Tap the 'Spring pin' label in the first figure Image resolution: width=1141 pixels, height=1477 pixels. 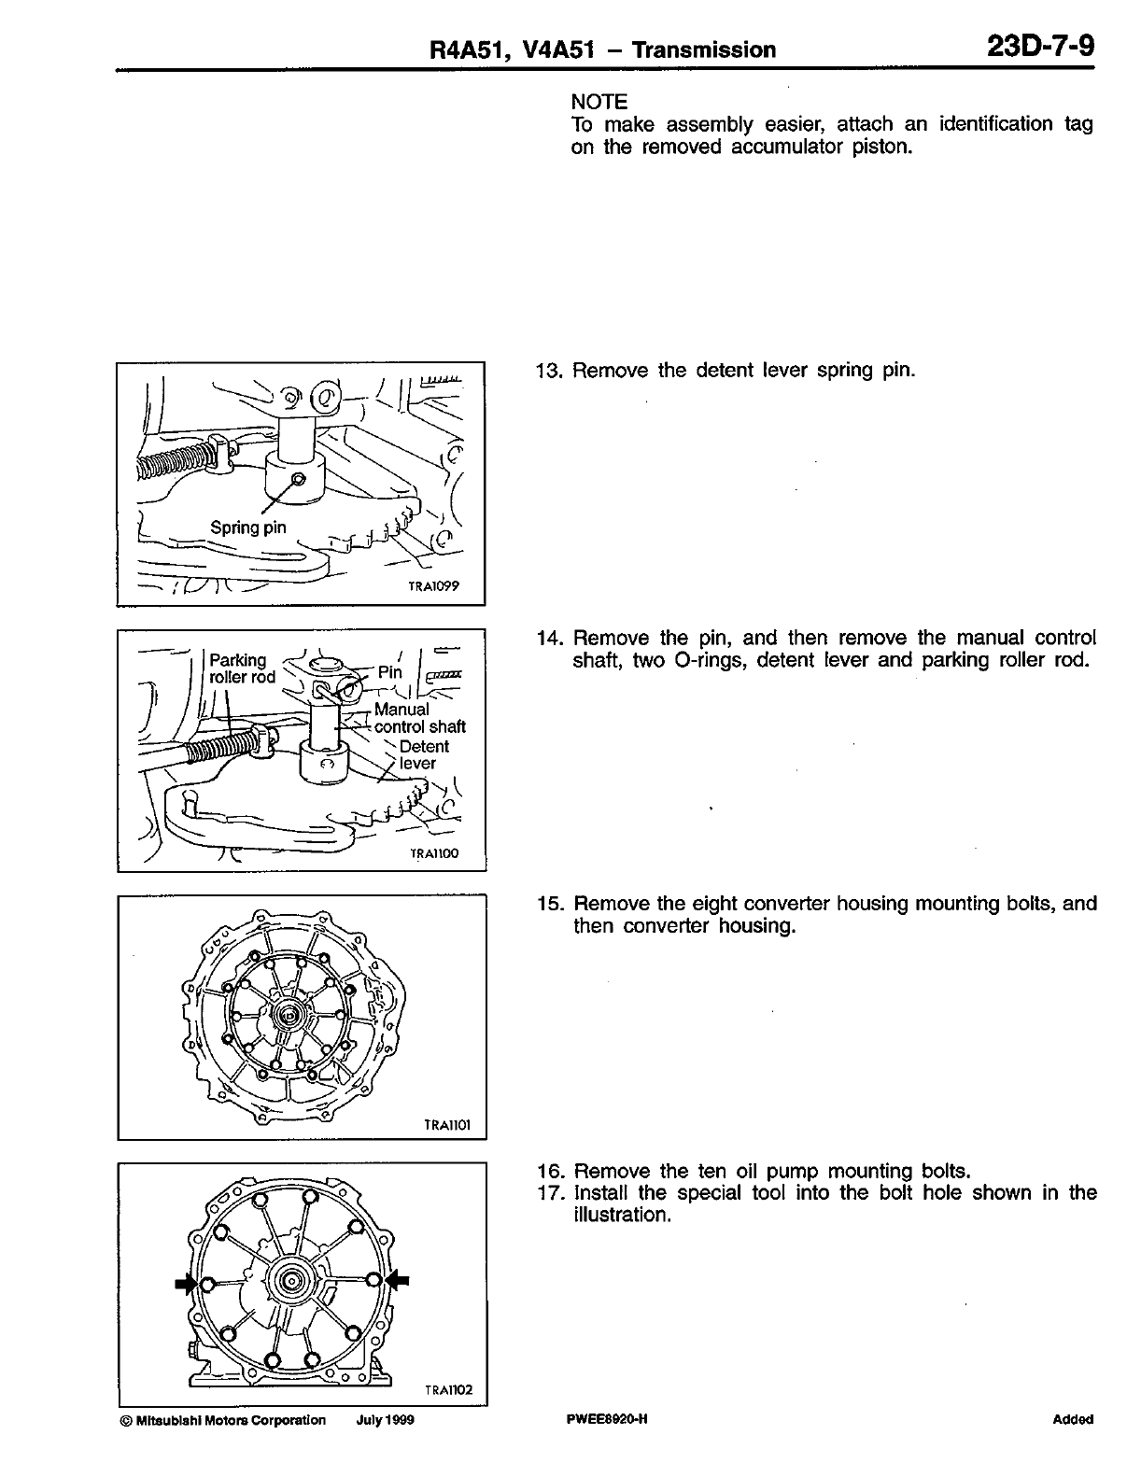pos(248,527)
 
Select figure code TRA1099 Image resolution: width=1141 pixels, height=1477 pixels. pos(436,587)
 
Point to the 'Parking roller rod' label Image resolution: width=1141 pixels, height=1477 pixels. pos(242,668)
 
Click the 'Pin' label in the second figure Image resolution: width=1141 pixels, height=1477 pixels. pos(390,672)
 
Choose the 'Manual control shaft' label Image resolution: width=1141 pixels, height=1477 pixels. pos(419,718)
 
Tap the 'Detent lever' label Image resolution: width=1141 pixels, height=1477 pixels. pos(423,754)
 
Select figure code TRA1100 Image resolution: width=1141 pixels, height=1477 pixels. pos(435,853)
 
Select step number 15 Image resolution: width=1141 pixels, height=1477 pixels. pos(549,904)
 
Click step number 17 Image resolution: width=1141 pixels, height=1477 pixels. pos(549,1193)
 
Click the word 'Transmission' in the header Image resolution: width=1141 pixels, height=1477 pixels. pos(703,49)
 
